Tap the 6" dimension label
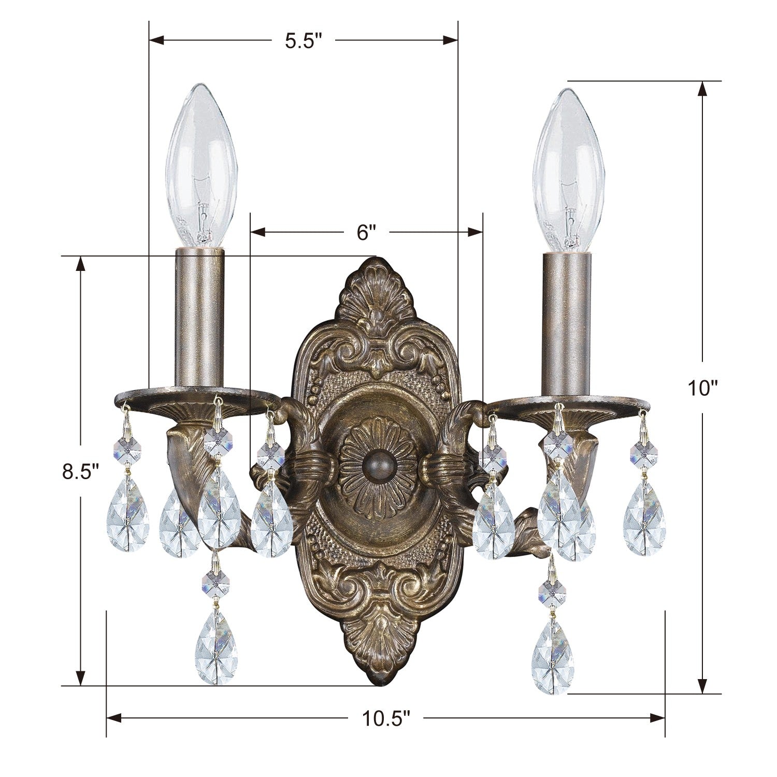(x=366, y=232)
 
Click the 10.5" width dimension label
(x=386, y=718)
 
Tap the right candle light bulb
(x=568, y=171)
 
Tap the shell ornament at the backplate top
(x=378, y=295)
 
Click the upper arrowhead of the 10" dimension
(x=702, y=89)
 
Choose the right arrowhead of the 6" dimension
(x=475, y=232)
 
